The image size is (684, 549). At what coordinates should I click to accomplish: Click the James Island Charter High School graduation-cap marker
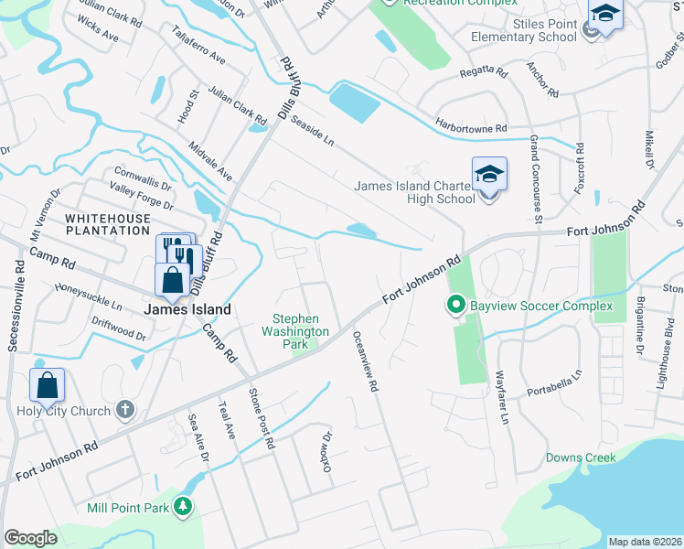tap(489, 174)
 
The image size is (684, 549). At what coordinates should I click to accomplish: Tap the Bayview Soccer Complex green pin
tap(454, 304)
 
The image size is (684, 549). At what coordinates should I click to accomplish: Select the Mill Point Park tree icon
tap(184, 505)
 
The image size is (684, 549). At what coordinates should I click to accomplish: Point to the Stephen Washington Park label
tap(295, 331)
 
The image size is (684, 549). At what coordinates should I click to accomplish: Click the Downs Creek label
tap(581, 457)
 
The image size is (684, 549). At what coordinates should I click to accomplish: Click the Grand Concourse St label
tap(536, 178)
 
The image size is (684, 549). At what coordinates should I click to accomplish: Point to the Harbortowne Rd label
tap(471, 128)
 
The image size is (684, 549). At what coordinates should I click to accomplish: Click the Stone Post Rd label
tap(262, 417)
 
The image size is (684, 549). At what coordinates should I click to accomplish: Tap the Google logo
tap(30, 538)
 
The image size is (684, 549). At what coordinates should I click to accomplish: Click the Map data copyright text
tap(646, 542)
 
